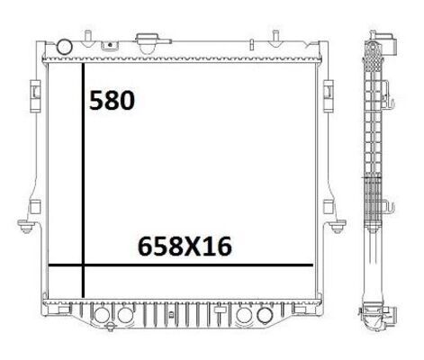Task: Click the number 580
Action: click(112, 100)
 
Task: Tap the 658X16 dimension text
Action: click(185, 247)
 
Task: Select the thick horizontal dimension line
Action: click(181, 265)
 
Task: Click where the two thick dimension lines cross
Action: click(83, 265)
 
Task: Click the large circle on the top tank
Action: click(65, 47)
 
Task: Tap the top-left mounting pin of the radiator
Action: click(87, 39)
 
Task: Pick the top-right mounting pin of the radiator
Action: click(275, 39)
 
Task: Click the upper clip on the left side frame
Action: click(35, 96)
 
